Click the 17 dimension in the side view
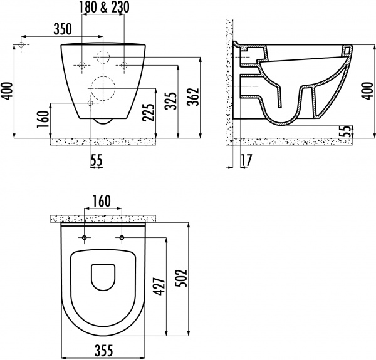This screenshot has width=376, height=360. (x=246, y=160)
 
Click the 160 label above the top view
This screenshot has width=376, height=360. (x=102, y=201)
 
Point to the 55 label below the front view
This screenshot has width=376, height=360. (x=96, y=160)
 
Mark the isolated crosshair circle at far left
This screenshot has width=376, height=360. (x=23, y=46)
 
